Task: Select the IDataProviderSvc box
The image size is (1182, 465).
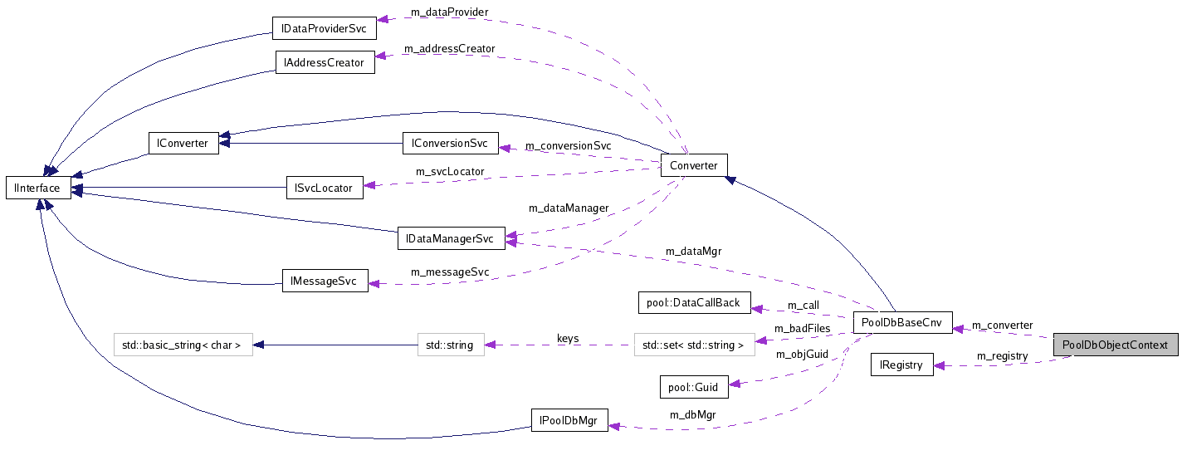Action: tap(325, 28)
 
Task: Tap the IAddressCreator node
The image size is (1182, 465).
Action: tap(325, 62)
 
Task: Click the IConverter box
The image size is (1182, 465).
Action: tap(183, 143)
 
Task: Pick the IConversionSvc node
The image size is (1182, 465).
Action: tap(451, 143)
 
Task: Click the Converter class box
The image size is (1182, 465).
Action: tap(694, 165)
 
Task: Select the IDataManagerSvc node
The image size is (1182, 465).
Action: tap(451, 238)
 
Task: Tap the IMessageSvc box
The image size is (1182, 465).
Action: tap(325, 281)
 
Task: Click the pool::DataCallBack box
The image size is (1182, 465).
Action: tap(694, 302)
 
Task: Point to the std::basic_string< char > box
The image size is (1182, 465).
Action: tap(182, 345)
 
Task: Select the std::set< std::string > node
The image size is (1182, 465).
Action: tap(694, 345)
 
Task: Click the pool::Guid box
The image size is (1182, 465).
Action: tap(694, 386)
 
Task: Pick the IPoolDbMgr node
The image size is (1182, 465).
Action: tap(569, 419)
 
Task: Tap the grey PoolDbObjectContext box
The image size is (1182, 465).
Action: tap(1115, 345)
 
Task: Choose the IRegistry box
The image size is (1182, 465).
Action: tap(901, 365)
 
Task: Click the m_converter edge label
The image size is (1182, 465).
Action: tap(1002, 325)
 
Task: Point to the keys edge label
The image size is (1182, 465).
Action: tap(568, 339)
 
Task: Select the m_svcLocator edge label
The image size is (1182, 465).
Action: tap(450, 172)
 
